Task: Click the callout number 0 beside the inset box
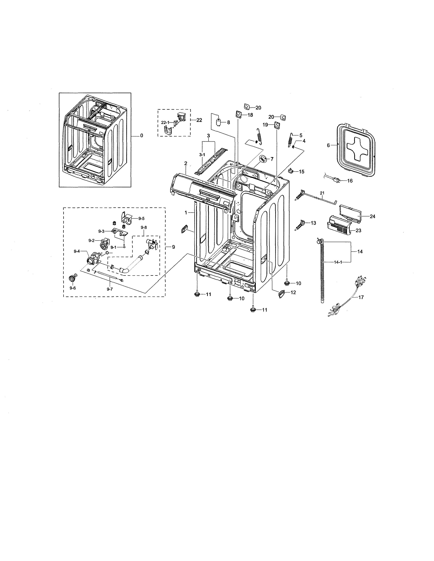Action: click(x=141, y=136)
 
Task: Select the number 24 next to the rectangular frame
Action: click(x=372, y=217)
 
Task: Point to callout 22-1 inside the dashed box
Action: click(x=165, y=123)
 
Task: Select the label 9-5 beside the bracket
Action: click(x=141, y=219)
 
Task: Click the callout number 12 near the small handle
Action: click(x=293, y=292)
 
